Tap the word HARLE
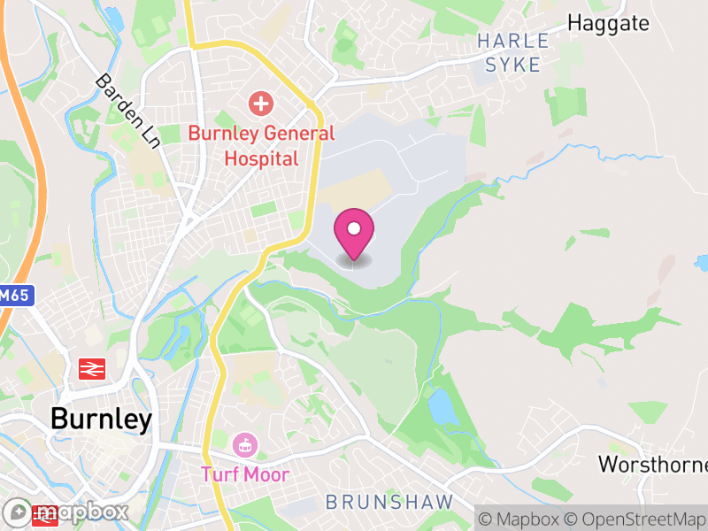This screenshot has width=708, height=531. click(513, 41)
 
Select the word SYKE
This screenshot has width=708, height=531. click(513, 65)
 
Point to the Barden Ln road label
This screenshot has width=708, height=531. click(129, 110)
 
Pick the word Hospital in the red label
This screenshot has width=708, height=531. click(260, 158)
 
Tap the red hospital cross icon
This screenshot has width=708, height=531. click(260, 104)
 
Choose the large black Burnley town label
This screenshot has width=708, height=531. click(101, 418)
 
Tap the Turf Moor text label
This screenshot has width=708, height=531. click(245, 474)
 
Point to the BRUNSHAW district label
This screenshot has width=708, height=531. click(389, 502)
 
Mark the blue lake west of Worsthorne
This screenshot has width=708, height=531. click(440, 406)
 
